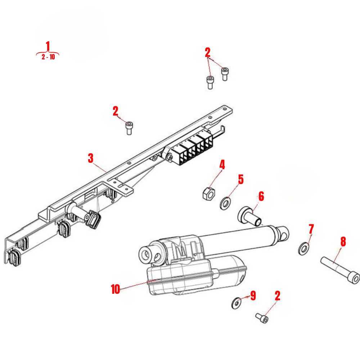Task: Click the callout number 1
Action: [x=48, y=46]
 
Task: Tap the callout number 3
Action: [x=91, y=158]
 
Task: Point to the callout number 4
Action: [x=222, y=165]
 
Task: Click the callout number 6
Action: [x=261, y=197]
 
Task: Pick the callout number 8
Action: [x=343, y=242]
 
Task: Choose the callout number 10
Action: [x=115, y=289]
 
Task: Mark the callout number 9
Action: [x=253, y=296]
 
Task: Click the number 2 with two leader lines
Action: [x=207, y=53]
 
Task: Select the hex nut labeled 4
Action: [x=208, y=193]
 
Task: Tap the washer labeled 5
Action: [x=225, y=203]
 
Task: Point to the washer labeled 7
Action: [x=304, y=248]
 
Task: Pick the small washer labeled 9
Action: [x=236, y=303]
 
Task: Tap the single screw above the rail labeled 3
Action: [x=129, y=127]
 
